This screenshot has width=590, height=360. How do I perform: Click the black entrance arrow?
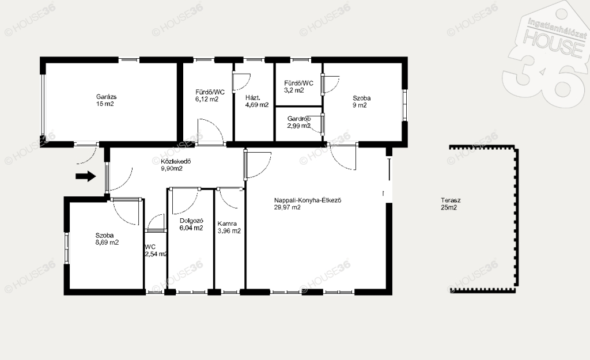(x=86, y=176)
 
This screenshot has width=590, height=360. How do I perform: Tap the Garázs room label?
(x=107, y=97)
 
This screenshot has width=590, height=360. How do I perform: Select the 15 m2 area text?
(x=105, y=104)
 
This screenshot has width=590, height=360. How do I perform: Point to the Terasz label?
(x=451, y=200)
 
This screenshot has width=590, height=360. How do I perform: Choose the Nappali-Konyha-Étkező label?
(x=308, y=200)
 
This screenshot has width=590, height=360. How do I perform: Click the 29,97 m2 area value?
(x=287, y=207)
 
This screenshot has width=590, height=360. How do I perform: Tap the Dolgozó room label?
(x=191, y=221)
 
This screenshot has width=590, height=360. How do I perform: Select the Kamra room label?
(x=227, y=224)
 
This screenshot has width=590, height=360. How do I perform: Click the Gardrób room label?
(x=299, y=119)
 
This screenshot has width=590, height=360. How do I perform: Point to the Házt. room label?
(x=253, y=98)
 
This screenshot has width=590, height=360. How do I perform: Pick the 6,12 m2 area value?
(x=207, y=99)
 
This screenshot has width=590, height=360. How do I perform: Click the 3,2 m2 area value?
(x=294, y=90)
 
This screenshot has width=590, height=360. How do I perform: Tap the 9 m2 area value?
(x=360, y=105)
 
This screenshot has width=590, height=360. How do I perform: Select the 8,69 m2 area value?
(x=107, y=242)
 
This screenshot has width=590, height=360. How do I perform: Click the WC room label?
(x=150, y=247)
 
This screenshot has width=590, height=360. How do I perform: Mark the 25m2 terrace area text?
(x=449, y=207)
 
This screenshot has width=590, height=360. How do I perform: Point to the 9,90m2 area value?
(x=172, y=169)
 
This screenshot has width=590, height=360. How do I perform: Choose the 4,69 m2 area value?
(x=257, y=105)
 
